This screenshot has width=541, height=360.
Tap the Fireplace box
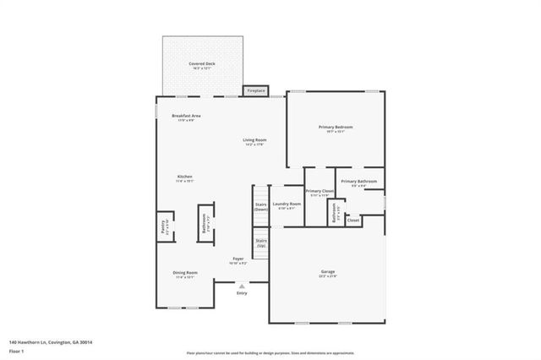click(256, 90)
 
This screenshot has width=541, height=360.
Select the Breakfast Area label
click(186, 116)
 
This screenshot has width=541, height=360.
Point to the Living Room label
click(254, 140)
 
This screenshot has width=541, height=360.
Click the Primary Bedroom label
click(335, 127)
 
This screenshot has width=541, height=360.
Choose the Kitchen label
click(184, 177)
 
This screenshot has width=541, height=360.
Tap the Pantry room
click(164, 227)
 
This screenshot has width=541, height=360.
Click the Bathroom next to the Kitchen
click(205, 223)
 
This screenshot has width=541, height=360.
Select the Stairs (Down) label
click(261, 206)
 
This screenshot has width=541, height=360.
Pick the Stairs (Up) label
click(261, 243)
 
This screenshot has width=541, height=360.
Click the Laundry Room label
click(287, 204)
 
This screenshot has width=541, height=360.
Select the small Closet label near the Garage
click(352, 221)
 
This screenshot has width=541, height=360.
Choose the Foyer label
click(239, 259)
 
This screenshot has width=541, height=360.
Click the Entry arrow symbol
click(242, 286)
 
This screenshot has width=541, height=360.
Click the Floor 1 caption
click(16, 350)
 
